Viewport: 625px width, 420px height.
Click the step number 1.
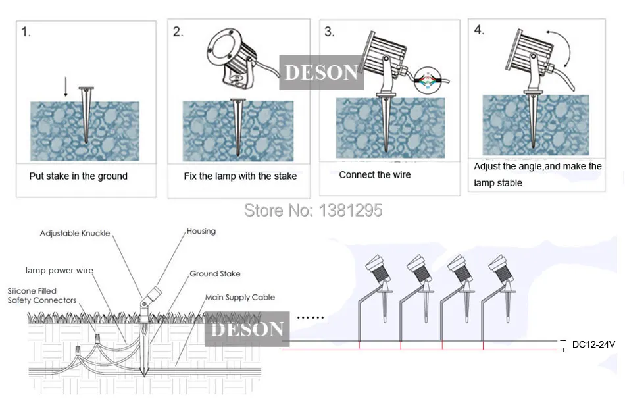26,32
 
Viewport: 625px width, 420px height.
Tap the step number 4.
479,30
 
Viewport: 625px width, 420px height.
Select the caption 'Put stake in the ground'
78,176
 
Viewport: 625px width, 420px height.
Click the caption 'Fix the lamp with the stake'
240,176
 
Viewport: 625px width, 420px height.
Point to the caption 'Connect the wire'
374,175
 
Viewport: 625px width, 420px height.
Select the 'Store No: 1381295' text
312,211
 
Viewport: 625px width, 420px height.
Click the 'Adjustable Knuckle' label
75,234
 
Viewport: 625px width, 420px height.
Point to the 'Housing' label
201,232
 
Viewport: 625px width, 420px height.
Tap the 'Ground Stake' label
215,274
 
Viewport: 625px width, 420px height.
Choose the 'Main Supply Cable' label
240,298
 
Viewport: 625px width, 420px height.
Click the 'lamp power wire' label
59,270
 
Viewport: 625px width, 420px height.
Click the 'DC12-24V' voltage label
593,344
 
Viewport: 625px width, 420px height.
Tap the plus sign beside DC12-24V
563,350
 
